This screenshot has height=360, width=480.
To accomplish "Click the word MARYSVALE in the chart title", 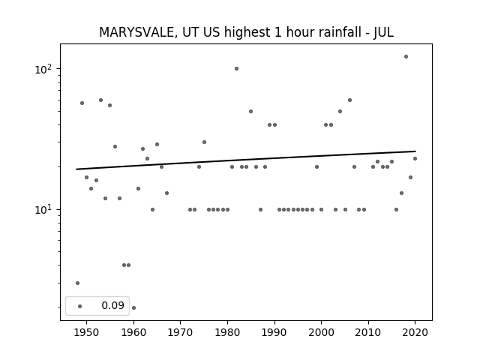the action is pos(136,32).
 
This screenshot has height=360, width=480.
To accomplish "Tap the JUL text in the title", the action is pos(383,32).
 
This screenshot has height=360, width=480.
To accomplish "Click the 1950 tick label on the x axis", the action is pos(87,332).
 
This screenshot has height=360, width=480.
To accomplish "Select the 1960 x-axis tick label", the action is pos(133,332).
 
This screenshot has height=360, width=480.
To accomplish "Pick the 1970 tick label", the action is pos(180,332).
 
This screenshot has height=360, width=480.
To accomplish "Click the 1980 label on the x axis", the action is pos(227,332).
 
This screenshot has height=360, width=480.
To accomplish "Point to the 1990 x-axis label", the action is pos(274,332).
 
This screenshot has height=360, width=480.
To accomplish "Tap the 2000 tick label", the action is pos(321,332).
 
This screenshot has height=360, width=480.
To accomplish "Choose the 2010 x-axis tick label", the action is pos(368,332).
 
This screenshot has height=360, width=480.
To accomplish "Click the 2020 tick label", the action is pos(415,332).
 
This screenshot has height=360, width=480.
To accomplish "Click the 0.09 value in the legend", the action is pos(113,305).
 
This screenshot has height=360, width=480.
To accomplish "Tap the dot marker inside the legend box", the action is pos(80,306).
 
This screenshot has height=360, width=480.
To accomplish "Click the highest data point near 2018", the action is pos(406,57).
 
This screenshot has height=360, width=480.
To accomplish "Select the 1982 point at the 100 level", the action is pos(237,68).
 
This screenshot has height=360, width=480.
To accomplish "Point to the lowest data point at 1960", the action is pos(133,307).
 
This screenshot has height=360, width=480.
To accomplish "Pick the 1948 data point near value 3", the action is pos(77,283).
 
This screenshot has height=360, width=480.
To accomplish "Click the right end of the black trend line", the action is pos(415,151).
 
